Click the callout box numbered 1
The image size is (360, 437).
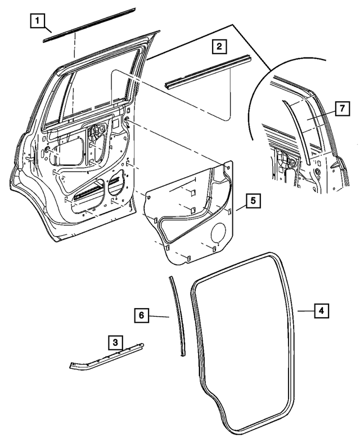pyautogui.click(x=38, y=22)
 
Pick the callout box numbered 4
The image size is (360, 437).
pyautogui.click(x=321, y=310)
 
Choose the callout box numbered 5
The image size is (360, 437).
pyautogui.click(x=253, y=200)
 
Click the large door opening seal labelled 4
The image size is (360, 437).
pyautogui.click(x=195, y=337)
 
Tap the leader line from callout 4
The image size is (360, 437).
pyautogui.click(x=304, y=310)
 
